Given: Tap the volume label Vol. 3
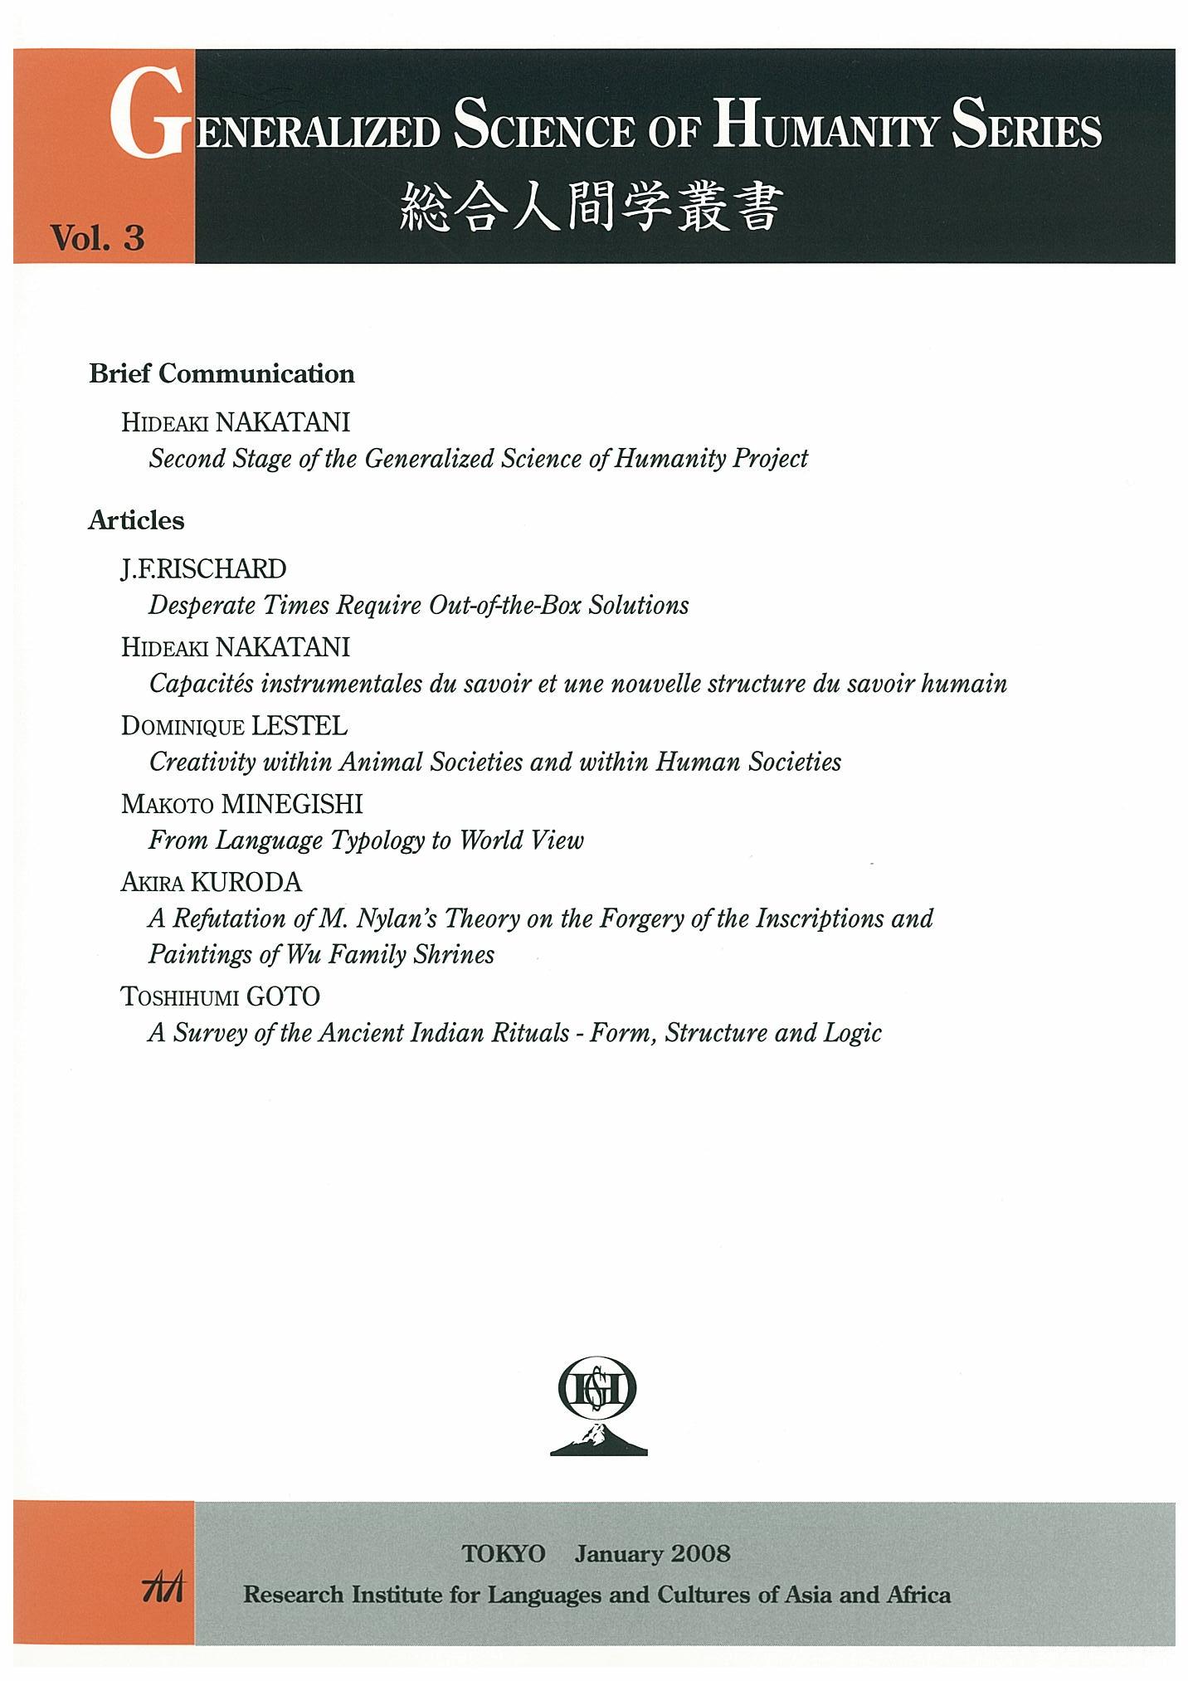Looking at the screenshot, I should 97,238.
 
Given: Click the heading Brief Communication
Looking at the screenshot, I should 222,374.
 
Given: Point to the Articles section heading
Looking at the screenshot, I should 136,521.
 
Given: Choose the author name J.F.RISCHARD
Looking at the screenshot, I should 203,569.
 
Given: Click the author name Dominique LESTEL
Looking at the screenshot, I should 234,726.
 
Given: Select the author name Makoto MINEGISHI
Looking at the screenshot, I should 241,804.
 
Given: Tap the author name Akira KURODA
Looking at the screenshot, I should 211,882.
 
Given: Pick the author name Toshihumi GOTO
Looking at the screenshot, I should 220,996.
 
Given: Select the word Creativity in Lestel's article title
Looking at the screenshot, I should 199,762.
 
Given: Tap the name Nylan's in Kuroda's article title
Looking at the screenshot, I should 396,918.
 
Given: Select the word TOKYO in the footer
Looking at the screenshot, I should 504,1553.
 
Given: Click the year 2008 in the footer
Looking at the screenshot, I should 701,1553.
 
